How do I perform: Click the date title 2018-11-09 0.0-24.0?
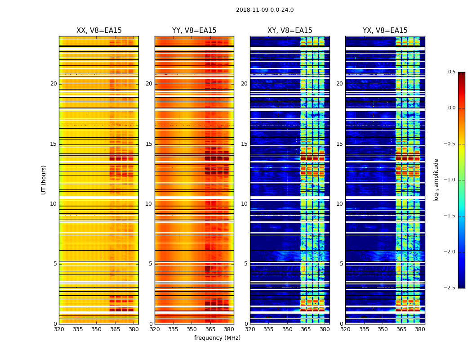265,10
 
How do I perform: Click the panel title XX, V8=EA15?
99,31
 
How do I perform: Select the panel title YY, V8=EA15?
194,31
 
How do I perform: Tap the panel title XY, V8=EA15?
290,31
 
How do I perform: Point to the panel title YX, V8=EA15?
385,31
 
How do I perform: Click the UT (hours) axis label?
44,180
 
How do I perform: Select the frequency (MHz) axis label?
217,338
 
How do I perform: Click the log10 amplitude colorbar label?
436,180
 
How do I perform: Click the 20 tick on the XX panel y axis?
53,84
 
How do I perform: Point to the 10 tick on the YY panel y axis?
149,204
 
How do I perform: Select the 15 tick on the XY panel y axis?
244,144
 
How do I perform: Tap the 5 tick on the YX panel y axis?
341,264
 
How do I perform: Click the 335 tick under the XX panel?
78,329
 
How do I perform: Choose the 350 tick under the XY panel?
287,329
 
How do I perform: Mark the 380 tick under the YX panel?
420,329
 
